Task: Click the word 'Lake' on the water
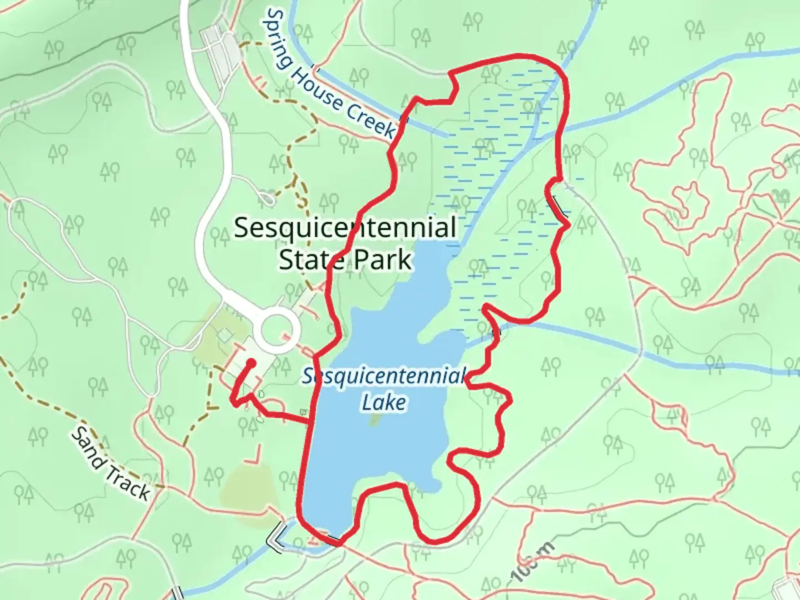384,402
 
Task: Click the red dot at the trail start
251,363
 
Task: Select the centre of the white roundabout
277,332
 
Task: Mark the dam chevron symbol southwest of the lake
277,536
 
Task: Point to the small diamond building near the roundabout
225,334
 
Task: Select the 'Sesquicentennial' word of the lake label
383,377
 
